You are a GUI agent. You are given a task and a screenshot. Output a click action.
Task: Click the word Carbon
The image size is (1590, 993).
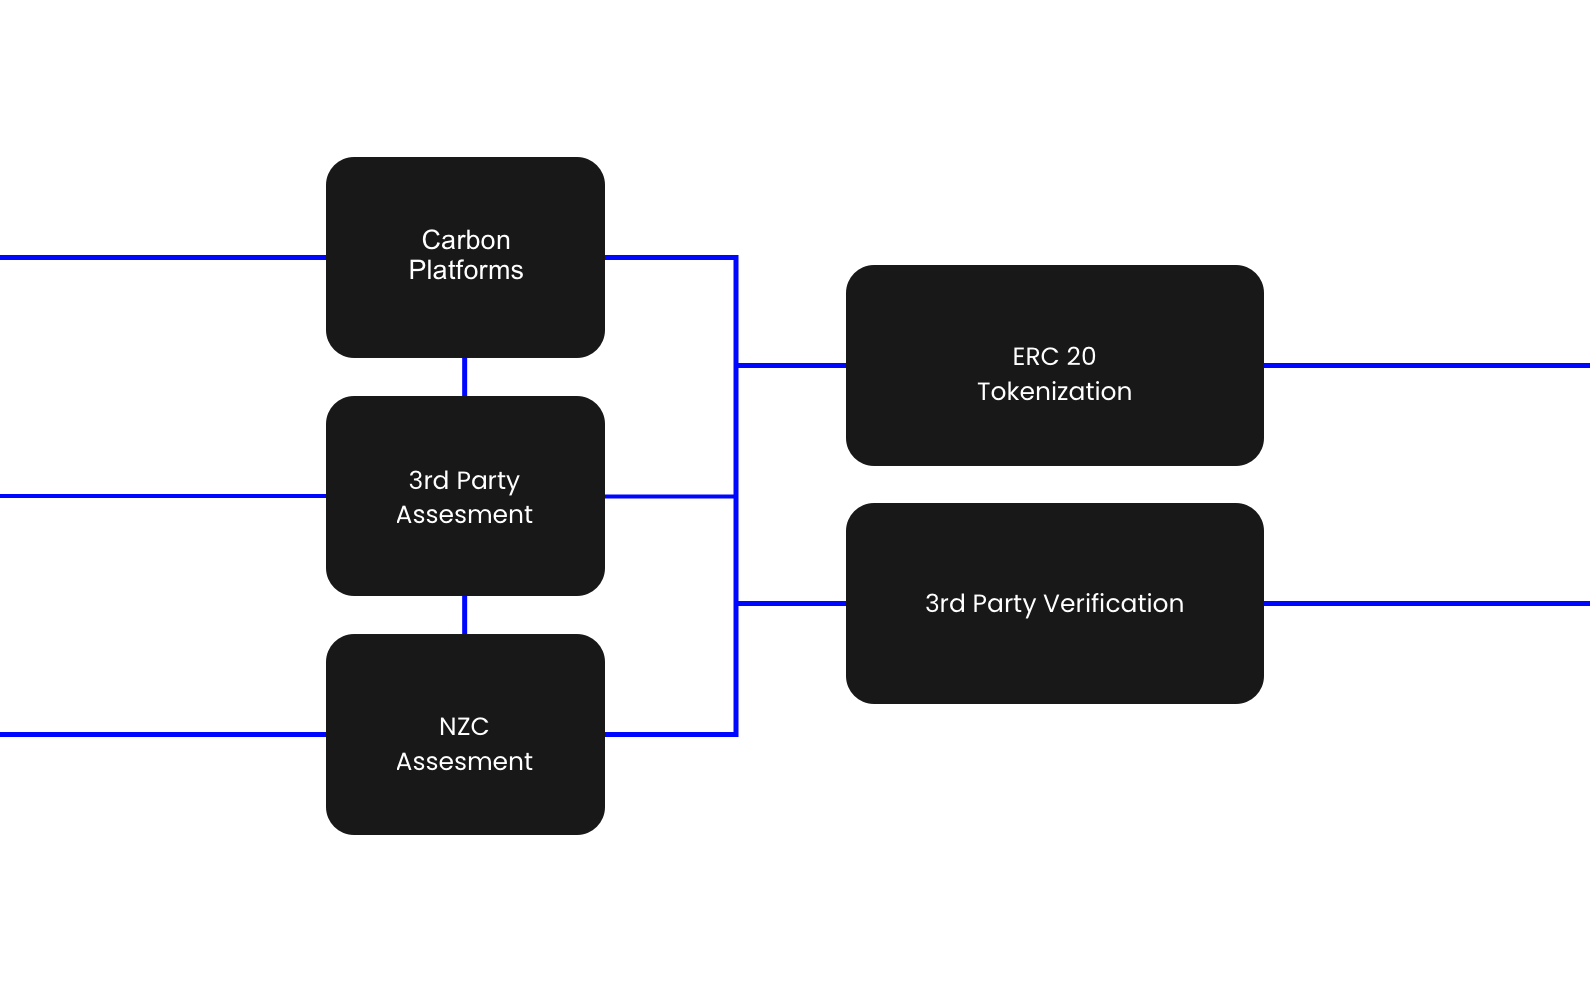point(466,240)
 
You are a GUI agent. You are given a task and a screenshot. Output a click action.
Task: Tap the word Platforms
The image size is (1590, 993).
point(466,270)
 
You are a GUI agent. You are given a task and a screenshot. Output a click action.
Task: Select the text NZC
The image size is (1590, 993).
point(464,726)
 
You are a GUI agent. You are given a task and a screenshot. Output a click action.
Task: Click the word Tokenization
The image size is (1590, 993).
point(1054,391)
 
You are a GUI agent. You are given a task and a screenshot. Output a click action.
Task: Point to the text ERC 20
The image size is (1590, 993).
point(1054,356)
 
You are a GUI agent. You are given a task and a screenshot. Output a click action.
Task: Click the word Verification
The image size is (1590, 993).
point(1113,603)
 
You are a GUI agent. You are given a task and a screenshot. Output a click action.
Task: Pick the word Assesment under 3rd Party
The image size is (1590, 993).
point(464,514)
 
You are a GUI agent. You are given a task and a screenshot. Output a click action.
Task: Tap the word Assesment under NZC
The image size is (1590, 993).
point(464,761)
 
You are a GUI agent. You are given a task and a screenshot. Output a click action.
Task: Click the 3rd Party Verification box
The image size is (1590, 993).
point(1055,659)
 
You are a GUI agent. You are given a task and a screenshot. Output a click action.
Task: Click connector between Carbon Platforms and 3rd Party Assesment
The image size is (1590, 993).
point(465,377)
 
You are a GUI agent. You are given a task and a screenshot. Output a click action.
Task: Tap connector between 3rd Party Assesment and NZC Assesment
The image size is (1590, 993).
point(465,615)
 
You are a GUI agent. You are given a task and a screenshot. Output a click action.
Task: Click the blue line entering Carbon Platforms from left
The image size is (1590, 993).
point(160,257)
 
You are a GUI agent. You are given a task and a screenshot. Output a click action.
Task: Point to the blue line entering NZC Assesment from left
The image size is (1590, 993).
point(160,735)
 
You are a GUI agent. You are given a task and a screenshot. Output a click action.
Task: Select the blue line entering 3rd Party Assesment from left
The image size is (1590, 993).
point(160,496)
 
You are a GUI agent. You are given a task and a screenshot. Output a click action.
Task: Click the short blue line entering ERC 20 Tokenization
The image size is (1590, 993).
point(791,365)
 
